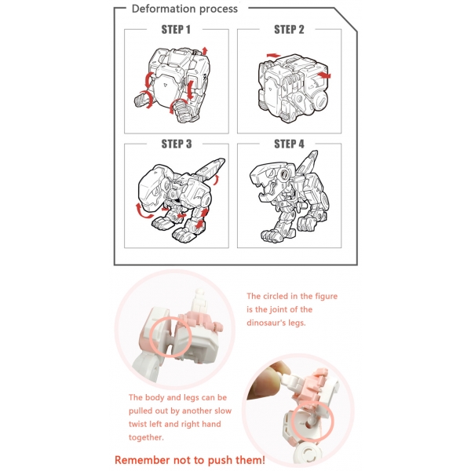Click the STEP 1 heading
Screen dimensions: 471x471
click(x=176, y=30)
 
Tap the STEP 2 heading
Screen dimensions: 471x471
click(x=289, y=30)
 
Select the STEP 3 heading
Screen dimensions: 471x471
click(x=177, y=144)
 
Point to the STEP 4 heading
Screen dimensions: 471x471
click(x=289, y=144)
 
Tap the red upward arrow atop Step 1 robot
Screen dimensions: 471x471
click(x=205, y=50)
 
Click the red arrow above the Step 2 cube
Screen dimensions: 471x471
click(x=273, y=55)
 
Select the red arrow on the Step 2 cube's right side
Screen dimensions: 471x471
click(x=323, y=75)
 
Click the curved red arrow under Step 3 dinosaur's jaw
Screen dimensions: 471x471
click(x=144, y=213)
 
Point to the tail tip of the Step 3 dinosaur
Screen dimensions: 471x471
click(x=223, y=161)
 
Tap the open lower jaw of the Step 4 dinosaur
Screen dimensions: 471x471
click(x=268, y=195)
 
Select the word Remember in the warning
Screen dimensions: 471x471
click(x=142, y=460)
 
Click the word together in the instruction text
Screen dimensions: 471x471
click(x=146, y=437)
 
